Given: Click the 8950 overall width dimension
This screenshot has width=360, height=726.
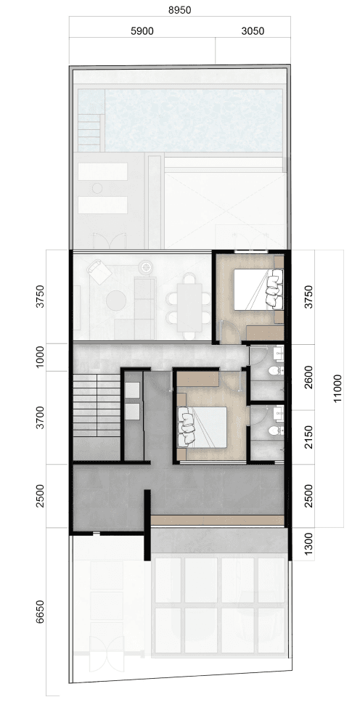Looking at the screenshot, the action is click(179, 10).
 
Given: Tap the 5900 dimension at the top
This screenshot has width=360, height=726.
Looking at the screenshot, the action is click(142, 31).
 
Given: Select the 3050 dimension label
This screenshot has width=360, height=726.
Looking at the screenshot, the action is click(253, 31).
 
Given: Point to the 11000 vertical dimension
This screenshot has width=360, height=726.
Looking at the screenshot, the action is click(337, 388).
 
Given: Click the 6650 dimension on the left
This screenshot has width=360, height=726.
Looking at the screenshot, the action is click(40, 611).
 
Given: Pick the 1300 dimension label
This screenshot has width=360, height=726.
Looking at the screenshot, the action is click(308, 544).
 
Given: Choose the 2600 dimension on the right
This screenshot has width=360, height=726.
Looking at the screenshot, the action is click(308, 377).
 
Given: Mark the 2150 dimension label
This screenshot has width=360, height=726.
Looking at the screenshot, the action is click(308, 437).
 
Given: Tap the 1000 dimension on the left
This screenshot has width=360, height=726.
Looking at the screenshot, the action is click(40, 357).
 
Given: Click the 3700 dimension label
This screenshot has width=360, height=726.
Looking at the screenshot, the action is click(40, 417).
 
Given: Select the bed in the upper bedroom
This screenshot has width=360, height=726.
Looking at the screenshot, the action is click(258, 290).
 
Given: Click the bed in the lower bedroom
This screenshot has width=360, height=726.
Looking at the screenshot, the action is click(202, 428).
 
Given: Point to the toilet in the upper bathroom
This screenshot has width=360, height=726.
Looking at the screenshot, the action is click(275, 371).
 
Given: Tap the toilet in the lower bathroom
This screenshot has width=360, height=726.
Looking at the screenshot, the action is click(275, 431).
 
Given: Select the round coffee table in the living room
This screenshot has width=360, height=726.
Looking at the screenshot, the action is click(115, 301).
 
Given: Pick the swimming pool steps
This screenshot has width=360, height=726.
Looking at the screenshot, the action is click(90, 133).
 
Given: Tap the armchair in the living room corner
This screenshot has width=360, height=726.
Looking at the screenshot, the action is click(99, 272).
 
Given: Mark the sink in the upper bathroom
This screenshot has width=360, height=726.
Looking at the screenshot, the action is click(279, 354).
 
